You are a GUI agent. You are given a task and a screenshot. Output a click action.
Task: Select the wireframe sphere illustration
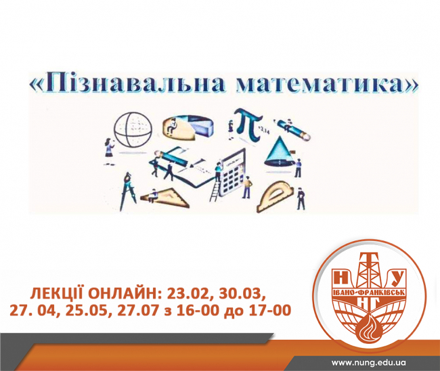pyautogui.click(x=133, y=129)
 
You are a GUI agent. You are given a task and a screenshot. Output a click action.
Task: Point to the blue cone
pyautogui.click(x=278, y=152)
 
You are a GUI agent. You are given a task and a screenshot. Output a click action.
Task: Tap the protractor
pyautogui.click(x=275, y=196)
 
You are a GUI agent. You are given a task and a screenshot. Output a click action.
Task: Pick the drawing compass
pyautogui.click(x=128, y=191)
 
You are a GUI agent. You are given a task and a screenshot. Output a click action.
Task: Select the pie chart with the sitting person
pyautogui.click(x=188, y=128)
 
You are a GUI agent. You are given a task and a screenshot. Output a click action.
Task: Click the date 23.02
pyautogui.click(x=190, y=294)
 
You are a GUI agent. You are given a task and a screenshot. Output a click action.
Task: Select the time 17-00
pyautogui.click(x=270, y=311)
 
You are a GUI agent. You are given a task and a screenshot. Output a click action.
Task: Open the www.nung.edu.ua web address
pyautogui.click(x=369, y=363)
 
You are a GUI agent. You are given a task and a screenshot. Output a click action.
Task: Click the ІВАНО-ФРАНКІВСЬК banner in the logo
pyautogui.click(x=368, y=293)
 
